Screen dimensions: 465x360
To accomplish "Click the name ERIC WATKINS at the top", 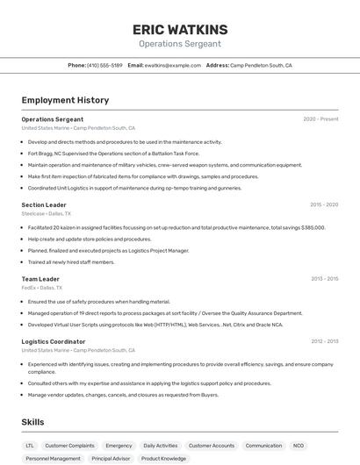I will click(180, 29).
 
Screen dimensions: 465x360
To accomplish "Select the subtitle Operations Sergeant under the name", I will click(180, 44).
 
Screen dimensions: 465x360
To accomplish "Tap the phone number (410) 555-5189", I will click(106, 65).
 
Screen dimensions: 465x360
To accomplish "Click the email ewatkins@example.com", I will click(172, 65).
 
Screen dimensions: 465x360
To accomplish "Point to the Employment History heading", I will click(65, 100).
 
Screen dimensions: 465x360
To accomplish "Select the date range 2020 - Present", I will click(320, 119).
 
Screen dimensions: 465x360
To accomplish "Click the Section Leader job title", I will click(44, 204).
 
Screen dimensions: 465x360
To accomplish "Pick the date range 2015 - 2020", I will click(324, 204).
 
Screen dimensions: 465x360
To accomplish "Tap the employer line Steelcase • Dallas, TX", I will click(47, 213).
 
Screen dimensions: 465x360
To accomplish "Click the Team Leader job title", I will click(40, 278).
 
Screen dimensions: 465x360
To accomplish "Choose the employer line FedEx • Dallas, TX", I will click(41, 287).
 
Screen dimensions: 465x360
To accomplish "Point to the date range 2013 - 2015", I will click(324, 278).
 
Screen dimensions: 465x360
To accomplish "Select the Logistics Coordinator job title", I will click(54, 341).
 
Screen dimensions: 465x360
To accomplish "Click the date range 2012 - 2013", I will click(324, 341).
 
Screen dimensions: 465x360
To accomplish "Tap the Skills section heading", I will click(33, 422).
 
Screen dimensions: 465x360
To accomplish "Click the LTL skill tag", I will click(30, 446).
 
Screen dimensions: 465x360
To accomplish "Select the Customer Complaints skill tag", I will click(69, 446).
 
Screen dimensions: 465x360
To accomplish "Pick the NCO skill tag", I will click(299, 446).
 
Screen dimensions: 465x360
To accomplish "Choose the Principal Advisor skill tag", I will click(111, 458).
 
